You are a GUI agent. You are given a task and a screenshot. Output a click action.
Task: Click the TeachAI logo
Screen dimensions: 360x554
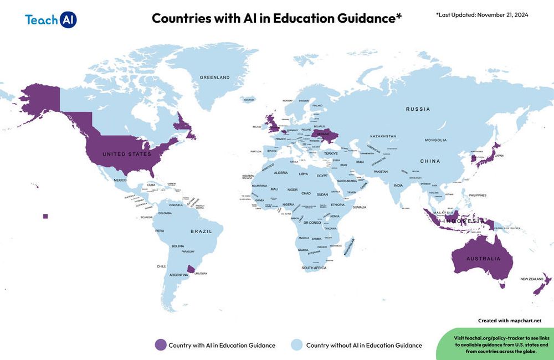click(x=50, y=19)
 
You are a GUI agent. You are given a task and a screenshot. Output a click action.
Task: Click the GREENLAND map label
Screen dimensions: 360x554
click(x=214, y=78)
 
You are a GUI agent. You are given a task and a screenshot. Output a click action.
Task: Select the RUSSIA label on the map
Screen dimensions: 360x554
click(x=418, y=109)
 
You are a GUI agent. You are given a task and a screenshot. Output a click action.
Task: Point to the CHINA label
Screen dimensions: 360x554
click(x=429, y=161)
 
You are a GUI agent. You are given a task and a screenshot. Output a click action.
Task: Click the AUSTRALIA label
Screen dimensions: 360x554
click(x=482, y=259)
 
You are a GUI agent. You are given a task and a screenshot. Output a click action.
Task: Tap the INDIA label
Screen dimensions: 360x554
click(x=398, y=185)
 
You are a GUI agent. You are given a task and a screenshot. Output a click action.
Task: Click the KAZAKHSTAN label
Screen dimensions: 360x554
click(x=383, y=136)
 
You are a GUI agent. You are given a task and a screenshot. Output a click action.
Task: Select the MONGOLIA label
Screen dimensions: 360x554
click(x=435, y=140)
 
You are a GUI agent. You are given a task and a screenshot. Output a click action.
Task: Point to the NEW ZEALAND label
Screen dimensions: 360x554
click(x=531, y=279)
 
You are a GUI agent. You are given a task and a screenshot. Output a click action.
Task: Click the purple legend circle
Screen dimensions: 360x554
click(x=160, y=345)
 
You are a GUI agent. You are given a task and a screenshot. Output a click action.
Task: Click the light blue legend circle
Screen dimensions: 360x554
click(x=297, y=345)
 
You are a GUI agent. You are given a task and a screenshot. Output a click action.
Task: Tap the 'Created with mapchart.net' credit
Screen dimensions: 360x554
click(x=510, y=321)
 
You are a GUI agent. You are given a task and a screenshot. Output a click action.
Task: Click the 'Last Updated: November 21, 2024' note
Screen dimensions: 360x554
click(x=482, y=15)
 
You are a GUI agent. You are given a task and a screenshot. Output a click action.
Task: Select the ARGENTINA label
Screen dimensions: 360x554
click(x=178, y=275)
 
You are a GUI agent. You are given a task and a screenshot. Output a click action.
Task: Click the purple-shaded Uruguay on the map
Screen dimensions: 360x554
click(x=191, y=269)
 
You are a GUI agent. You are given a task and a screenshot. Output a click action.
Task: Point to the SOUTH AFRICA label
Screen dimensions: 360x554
click(x=314, y=268)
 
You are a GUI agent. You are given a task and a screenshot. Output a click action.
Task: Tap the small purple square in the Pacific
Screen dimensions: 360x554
click(x=45, y=216)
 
